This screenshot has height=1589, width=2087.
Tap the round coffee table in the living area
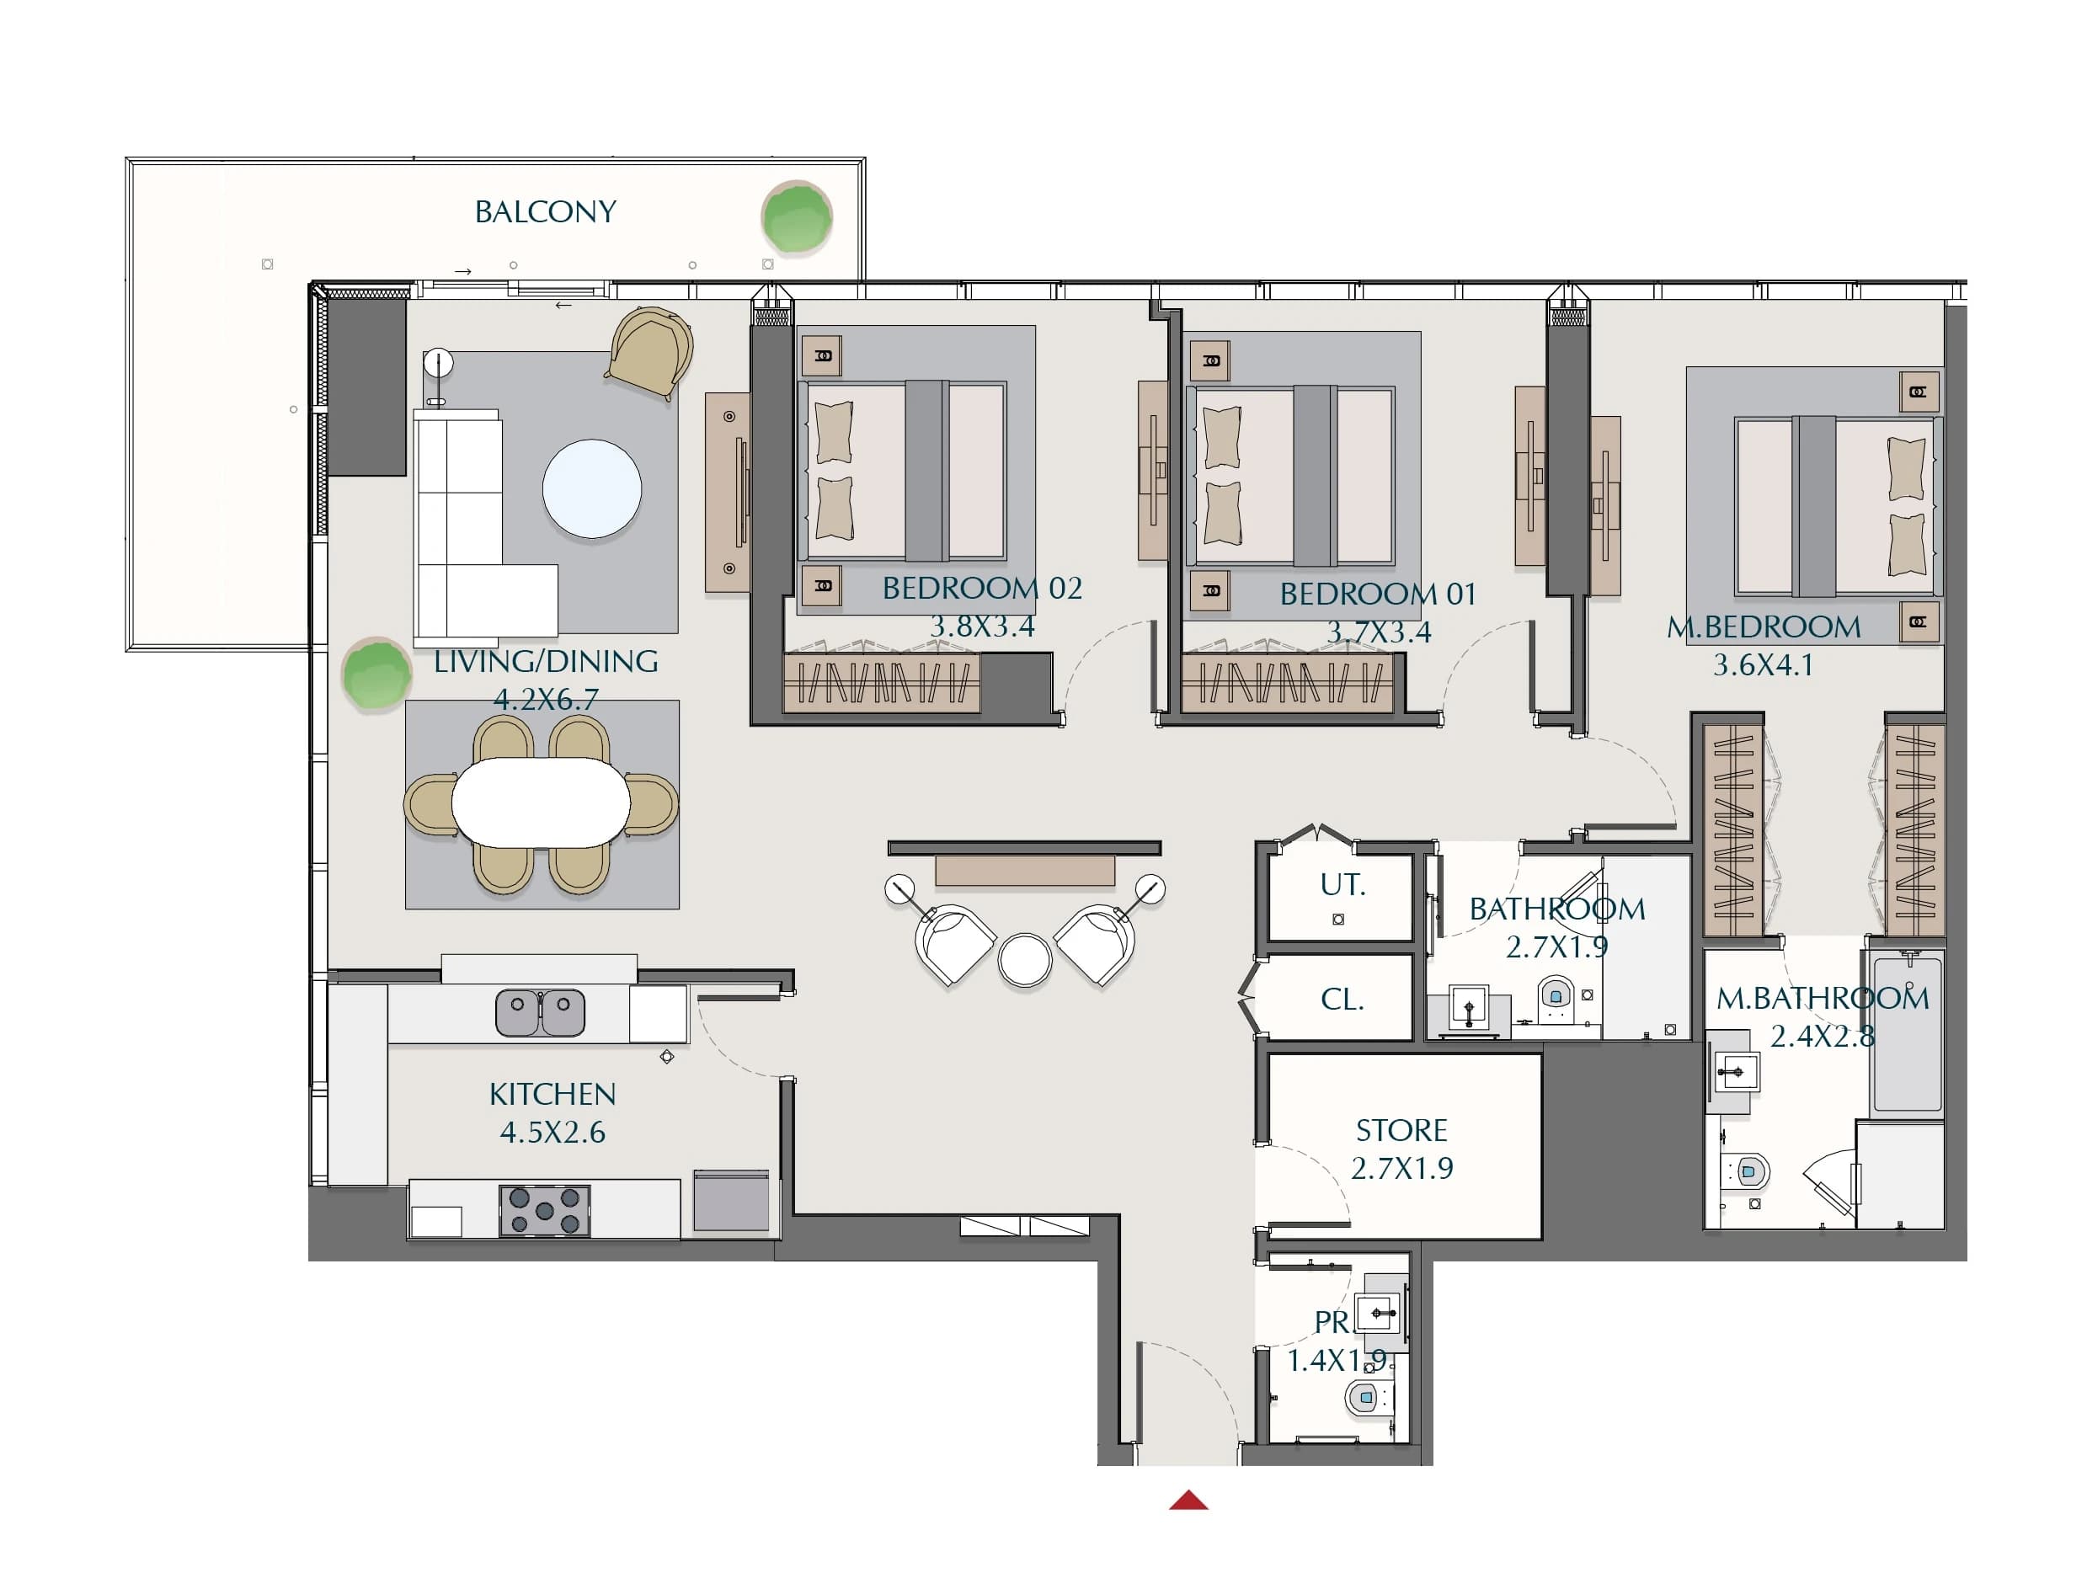point(592,489)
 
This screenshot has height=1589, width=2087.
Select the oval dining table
point(542,803)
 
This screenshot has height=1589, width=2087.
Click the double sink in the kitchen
point(540,1012)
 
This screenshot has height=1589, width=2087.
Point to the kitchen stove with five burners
point(545,1211)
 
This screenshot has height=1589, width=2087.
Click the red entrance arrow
point(1188,1500)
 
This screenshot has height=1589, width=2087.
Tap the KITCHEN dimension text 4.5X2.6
point(552,1132)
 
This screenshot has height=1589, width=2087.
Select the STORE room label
point(1401,1130)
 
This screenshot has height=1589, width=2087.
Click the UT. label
point(1342,884)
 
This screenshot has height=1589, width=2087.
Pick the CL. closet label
point(1342,999)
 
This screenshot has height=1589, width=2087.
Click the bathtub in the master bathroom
point(1908,1033)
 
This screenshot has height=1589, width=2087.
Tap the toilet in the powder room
point(1363,1396)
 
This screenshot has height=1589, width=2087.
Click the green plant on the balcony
point(797,217)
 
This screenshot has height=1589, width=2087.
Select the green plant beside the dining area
point(376,674)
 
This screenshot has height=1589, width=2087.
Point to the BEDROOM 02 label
point(982,589)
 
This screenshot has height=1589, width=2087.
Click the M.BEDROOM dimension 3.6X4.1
point(1764,665)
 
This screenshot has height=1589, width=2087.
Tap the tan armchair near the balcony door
point(651,352)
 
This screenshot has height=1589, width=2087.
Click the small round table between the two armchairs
point(1025,959)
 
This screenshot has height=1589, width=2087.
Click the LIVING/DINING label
point(546,661)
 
